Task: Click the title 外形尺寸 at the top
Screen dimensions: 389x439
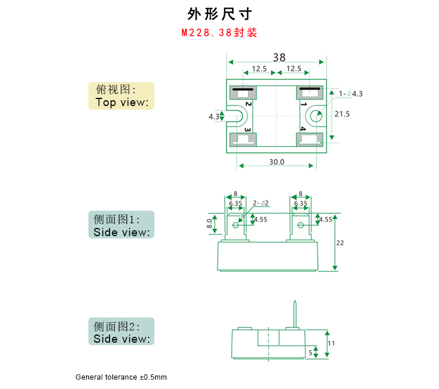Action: pyautogui.click(x=220, y=13)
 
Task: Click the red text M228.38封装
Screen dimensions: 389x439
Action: pyautogui.click(x=220, y=33)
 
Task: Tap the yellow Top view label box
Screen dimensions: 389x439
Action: pyautogui.click(x=121, y=96)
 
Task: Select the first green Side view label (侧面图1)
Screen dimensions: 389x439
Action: pyautogui.click(x=121, y=225)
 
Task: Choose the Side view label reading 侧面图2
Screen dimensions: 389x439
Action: pyautogui.click(x=121, y=332)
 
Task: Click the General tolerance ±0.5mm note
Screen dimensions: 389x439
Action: pyautogui.click(x=121, y=377)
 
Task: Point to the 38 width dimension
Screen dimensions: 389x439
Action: pyautogui.click(x=279, y=57)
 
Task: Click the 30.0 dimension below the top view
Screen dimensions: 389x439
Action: pyautogui.click(x=276, y=162)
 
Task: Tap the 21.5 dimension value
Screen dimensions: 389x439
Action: pyautogui.click(x=342, y=114)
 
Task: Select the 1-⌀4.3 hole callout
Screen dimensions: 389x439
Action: pyautogui.click(x=351, y=94)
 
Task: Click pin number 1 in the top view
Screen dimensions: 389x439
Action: pyautogui.click(x=304, y=104)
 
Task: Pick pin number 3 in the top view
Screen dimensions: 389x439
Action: pyautogui.click(x=248, y=129)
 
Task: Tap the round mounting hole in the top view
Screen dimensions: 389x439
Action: pyautogui.click(x=315, y=116)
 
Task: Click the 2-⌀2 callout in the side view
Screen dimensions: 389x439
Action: pyautogui.click(x=261, y=203)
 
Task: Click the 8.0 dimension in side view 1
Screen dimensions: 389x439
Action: pyautogui.click(x=209, y=224)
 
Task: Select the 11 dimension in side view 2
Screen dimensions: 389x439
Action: pyautogui.click(x=331, y=344)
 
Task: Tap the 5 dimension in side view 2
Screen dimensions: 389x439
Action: pyautogui.click(x=310, y=353)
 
